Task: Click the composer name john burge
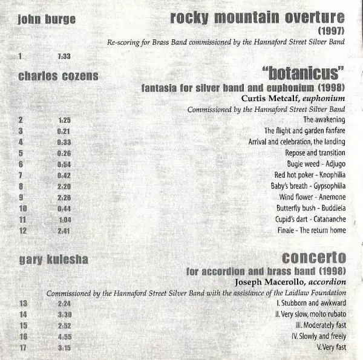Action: (x=47, y=19)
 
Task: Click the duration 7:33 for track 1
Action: (x=64, y=56)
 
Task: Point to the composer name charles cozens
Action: (x=59, y=76)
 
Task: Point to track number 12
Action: (x=22, y=231)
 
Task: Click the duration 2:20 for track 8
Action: (x=64, y=186)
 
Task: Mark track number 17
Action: (x=22, y=347)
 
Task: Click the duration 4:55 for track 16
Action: (x=64, y=336)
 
